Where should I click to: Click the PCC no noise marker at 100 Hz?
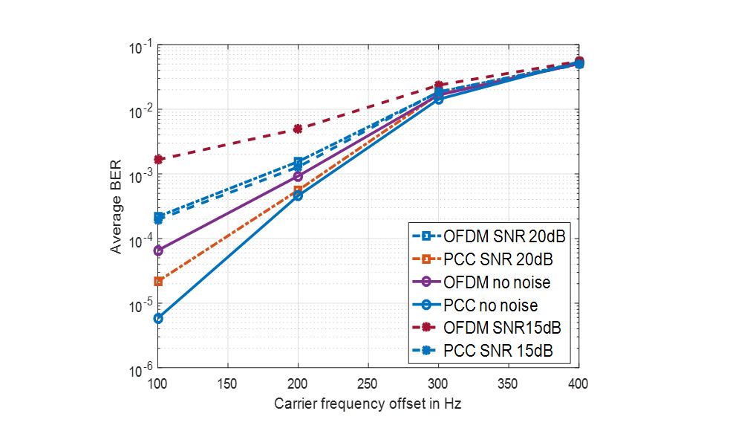158,318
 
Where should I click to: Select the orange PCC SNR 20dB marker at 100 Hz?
158,281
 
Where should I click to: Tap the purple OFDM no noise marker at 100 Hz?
158,250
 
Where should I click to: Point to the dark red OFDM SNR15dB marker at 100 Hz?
158,159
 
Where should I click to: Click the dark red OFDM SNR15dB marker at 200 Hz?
298,129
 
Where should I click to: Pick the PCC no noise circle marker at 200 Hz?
298,195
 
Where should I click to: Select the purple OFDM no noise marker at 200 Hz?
298,176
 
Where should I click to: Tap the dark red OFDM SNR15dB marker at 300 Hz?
439,85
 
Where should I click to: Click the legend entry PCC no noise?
490,305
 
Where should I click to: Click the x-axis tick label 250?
368,384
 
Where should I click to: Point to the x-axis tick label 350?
509,384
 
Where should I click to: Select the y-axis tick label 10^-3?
141,175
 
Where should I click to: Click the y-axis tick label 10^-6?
141,369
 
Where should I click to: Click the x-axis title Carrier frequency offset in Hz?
368,404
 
